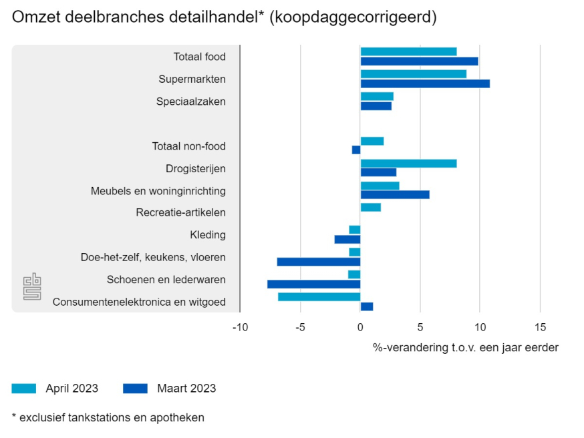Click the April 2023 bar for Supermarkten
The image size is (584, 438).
(x=413, y=74)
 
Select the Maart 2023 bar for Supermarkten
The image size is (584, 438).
(x=425, y=83)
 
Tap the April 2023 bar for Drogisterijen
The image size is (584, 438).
(x=408, y=164)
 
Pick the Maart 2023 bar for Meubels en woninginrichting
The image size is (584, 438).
(x=395, y=195)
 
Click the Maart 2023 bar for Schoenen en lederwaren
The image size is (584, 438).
(x=313, y=284)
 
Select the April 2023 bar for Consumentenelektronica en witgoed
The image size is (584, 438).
(x=319, y=297)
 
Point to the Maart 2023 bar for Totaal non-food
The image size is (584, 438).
(x=356, y=150)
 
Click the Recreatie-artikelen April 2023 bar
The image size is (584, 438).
(x=370, y=208)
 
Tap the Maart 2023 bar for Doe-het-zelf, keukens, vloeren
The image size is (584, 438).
(x=319, y=262)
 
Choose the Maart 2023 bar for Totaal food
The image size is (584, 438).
(x=419, y=61)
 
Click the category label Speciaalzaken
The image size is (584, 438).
(x=190, y=101)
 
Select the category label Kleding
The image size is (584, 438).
(x=207, y=235)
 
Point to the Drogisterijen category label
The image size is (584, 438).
(x=195, y=168)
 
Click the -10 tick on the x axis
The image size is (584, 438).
(x=240, y=327)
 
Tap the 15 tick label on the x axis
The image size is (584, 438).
(x=539, y=327)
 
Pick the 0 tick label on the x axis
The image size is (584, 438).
(x=360, y=327)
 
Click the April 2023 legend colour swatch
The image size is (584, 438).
(x=24, y=389)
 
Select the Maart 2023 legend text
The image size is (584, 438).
(x=186, y=389)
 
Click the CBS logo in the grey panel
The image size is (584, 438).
(x=32, y=286)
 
